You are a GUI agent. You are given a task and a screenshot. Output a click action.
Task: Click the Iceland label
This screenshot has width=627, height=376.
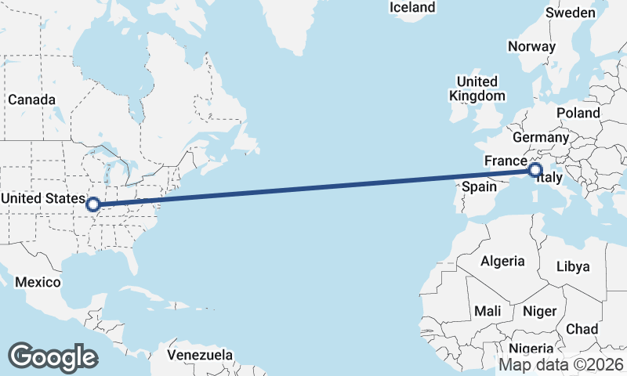point(412,7)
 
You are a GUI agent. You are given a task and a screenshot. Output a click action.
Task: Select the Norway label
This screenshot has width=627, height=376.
point(531,46)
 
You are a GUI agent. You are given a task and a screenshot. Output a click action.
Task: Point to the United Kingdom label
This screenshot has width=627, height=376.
point(477,89)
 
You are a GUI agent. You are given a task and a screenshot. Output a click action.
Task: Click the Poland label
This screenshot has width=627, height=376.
point(578,113)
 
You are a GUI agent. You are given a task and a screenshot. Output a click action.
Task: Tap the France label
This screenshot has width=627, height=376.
point(504,161)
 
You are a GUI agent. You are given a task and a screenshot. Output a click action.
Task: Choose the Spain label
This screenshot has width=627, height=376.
point(479,186)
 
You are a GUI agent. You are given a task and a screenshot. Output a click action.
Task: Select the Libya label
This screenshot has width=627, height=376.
point(572,266)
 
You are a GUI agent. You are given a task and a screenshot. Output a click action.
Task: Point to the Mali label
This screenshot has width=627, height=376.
point(487,311)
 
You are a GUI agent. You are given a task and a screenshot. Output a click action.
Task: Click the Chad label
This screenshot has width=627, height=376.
point(582,328)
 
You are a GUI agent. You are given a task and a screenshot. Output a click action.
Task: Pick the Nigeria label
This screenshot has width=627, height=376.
point(531,349)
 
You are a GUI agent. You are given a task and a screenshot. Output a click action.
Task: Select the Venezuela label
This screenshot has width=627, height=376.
point(200,355)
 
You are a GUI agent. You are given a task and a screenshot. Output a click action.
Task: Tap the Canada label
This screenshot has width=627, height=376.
point(31,100)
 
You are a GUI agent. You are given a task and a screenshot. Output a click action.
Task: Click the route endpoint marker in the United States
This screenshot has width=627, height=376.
point(93,204)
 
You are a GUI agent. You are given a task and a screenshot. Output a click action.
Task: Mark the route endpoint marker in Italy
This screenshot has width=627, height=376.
point(535,170)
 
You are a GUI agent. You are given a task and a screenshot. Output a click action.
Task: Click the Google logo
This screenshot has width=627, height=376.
point(53,356)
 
